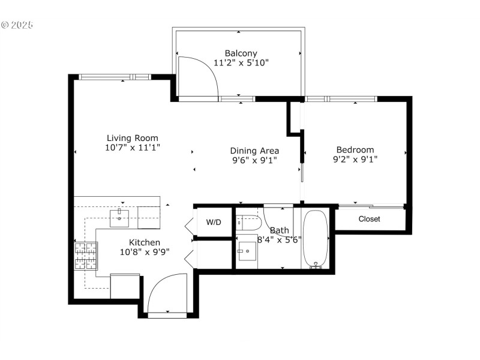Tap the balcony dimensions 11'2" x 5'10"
(x=241, y=62)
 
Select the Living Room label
(x=133, y=138)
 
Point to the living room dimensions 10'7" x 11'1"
(x=133, y=148)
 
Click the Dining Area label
(x=254, y=151)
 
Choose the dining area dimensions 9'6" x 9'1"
(x=254, y=160)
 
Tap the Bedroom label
(x=355, y=150)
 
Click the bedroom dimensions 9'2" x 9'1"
(x=355, y=160)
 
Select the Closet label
(x=369, y=219)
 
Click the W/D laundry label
(x=214, y=223)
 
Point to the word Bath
(x=279, y=230)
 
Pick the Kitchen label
(x=145, y=242)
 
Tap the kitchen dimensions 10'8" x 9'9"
(x=145, y=252)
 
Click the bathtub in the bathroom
(x=315, y=238)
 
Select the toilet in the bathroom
(x=248, y=223)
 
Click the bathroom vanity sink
(x=247, y=252)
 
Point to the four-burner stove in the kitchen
(x=85, y=256)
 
